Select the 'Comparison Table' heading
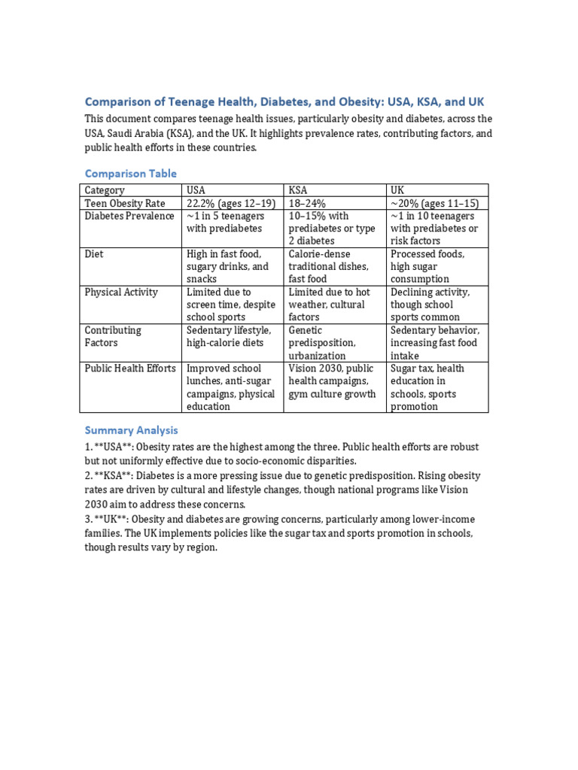pyautogui.click(x=131, y=173)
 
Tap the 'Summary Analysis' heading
pyautogui.click(x=131, y=430)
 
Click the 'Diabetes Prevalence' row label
pyautogui.click(x=129, y=216)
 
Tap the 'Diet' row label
pyautogui.click(x=95, y=254)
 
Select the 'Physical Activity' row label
pyautogui.click(x=121, y=292)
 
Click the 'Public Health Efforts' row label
pyautogui.click(x=130, y=368)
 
